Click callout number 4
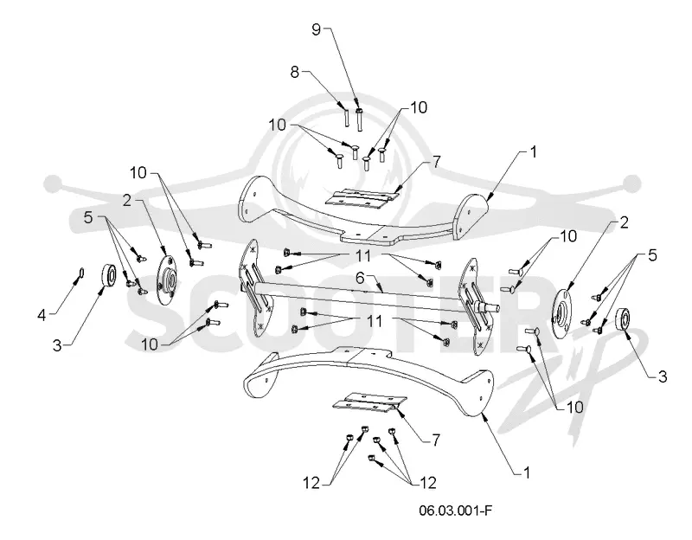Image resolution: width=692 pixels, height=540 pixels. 42,315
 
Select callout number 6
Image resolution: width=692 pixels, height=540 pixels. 361,278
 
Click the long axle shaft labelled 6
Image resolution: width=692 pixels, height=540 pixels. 375,297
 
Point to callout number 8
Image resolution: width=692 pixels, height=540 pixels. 295,72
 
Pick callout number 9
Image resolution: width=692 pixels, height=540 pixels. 317,29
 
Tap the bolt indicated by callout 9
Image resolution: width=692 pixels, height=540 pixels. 359,119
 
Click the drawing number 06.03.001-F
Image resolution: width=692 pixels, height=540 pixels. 456,511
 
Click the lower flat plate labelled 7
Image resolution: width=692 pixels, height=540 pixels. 369,402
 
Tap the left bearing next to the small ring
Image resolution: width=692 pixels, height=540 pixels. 109,276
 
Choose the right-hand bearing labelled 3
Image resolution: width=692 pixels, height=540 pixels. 623,319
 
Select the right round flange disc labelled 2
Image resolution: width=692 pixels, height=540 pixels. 561,314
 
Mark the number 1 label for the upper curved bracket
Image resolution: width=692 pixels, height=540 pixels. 533,152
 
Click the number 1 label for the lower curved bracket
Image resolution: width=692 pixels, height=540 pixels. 526,472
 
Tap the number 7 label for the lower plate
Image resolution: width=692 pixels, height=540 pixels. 436,440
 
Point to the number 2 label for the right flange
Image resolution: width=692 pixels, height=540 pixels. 624,222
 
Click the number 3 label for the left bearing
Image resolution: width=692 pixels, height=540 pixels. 57,346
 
